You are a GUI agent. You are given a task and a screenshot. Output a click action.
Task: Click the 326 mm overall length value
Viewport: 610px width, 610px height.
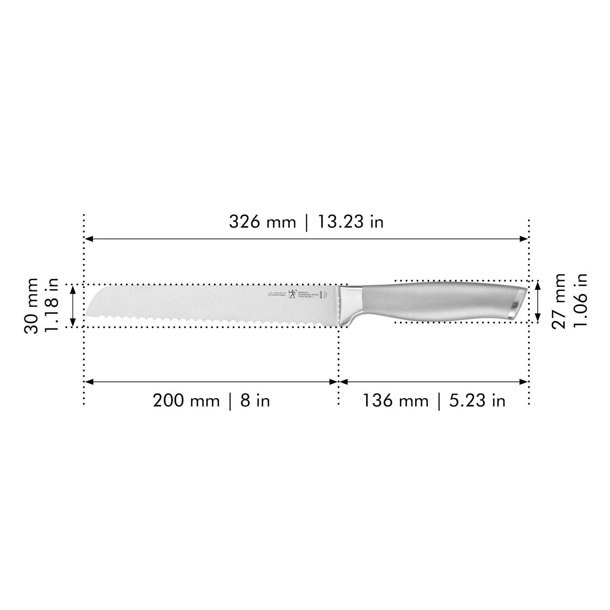[x=262, y=222]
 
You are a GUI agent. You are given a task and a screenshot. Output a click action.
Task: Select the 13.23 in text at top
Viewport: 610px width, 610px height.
[x=350, y=222]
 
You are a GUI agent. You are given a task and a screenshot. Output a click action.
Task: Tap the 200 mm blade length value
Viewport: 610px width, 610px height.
[x=186, y=400]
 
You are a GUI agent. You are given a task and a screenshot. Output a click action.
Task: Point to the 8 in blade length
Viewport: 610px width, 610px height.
[x=255, y=400]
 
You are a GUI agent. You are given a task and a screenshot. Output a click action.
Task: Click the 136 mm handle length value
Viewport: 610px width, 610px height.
[x=395, y=400]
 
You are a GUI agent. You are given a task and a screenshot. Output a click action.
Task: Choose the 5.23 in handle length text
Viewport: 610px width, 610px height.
[x=477, y=400]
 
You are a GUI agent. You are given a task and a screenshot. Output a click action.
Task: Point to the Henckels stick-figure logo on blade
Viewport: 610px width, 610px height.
[x=293, y=294]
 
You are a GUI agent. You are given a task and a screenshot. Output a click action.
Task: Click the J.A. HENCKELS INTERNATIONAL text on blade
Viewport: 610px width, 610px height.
[x=277, y=294]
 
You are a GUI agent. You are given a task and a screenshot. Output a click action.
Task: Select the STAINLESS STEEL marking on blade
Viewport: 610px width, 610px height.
[x=310, y=294]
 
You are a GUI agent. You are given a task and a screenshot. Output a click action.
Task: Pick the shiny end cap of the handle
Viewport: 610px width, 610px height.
[x=518, y=303]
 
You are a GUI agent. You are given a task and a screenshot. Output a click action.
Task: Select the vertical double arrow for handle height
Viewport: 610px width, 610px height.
[x=537, y=301]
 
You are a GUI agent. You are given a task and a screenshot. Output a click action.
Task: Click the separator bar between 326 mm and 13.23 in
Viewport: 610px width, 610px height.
[x=307, y=222]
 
